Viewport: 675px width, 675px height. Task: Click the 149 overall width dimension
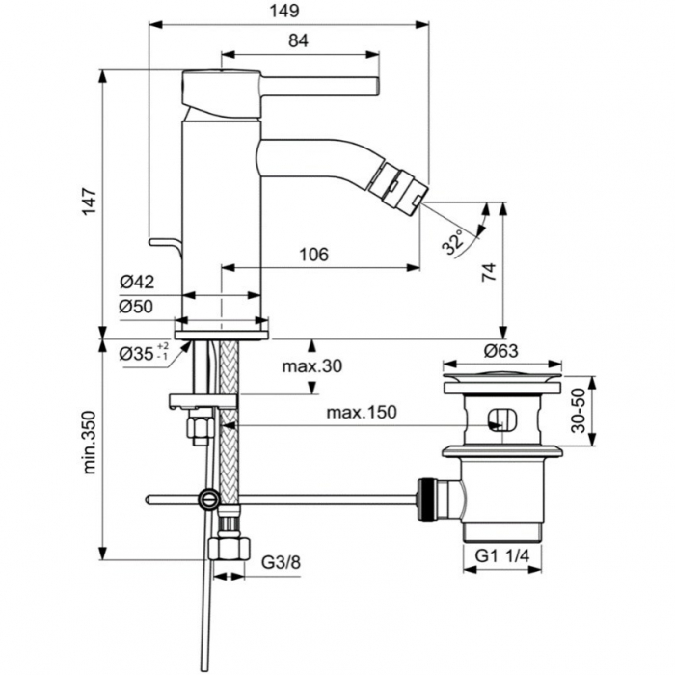[284, 11]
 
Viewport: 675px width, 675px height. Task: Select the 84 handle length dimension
[298, 40]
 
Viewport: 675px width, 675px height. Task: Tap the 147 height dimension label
[90, 202]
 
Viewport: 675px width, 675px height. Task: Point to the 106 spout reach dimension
[313, 255]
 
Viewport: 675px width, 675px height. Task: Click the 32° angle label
[454, 242]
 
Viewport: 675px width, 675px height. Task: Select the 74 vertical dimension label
[489, 272]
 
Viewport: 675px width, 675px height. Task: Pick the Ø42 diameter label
[137, 283]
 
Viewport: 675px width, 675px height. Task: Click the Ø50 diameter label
[136, 307]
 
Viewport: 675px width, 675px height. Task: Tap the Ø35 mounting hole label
[145, 353]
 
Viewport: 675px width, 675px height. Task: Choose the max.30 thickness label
[312, 366]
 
